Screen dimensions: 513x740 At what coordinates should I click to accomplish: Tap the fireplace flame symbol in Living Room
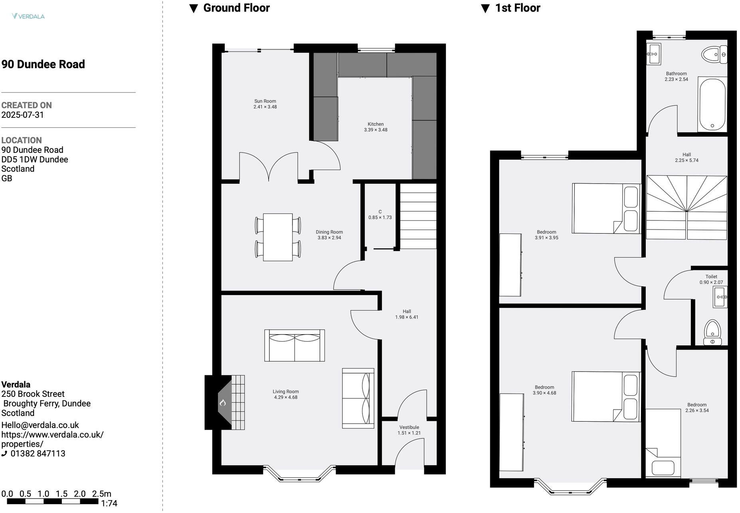tap(223, 403)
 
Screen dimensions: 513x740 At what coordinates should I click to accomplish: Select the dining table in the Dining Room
tap(278, 237)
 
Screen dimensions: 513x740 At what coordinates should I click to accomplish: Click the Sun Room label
tap(265, 101)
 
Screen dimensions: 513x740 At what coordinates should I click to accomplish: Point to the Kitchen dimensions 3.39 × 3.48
tap(375, 130)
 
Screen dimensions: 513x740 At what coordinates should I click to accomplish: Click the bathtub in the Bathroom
tap(712, 104)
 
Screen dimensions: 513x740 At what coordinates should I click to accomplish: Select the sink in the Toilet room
tap(720, 297)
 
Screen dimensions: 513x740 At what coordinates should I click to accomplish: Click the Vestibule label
tap(409, 427)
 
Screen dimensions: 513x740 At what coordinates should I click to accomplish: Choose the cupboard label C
tap(380, 212)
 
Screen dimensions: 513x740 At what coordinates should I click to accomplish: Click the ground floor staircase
tap(418, 216)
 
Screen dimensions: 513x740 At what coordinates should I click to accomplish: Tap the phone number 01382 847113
tap(38, 454)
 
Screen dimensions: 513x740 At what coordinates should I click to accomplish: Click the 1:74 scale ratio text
tap(109, 504)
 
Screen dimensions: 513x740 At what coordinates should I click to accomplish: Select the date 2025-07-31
tap(23, 115)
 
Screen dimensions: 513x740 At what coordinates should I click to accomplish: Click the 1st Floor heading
tap(517, 8)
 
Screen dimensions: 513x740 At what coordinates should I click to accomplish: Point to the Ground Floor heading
tap(236, 8)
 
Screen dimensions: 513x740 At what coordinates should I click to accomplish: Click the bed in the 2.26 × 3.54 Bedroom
tap(663, 443)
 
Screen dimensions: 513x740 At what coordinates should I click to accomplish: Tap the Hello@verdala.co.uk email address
tap(40, 425)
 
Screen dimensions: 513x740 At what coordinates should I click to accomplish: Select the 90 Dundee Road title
tap(43, 64)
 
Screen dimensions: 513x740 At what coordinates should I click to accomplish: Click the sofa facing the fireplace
tap(358, 398)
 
